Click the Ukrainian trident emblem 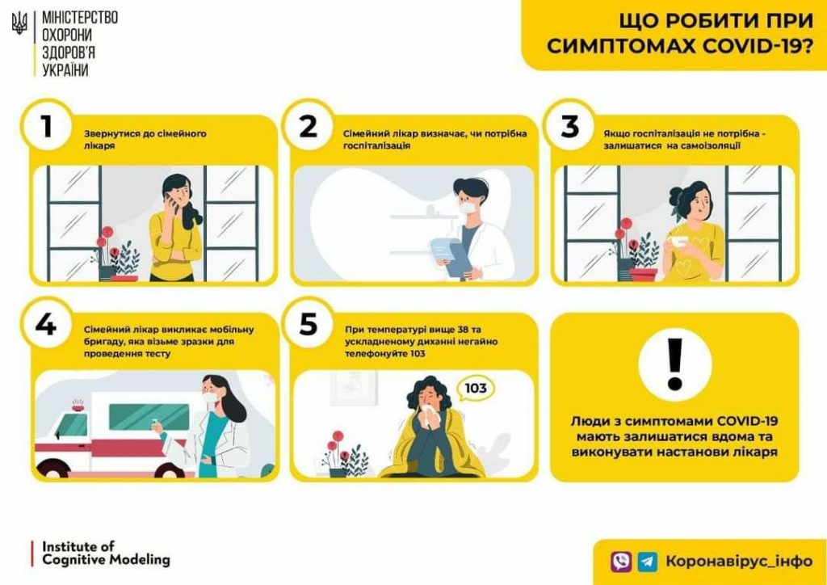[19, 23]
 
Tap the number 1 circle [46, 125]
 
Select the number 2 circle [308, 125]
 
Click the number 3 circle [569, 125]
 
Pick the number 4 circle [46, 323]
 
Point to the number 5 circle [308, 323]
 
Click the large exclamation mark [674, 364]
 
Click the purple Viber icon [621, 562]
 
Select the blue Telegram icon [647, 562]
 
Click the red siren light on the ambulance [78, 405]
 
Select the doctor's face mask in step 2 [468, 208]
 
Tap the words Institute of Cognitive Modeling [106, 553]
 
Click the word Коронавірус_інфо [738, 562]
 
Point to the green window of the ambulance [149, 417]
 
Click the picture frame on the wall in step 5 [354, 388]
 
